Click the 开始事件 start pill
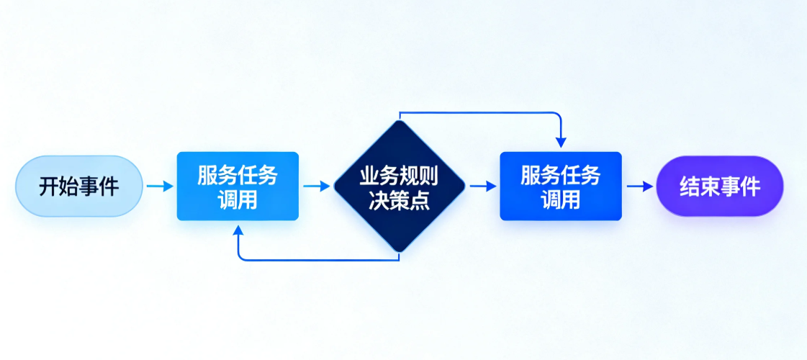click(79, 186)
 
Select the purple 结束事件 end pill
click(719, 186)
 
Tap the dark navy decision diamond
click(399, 186)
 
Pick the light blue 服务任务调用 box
click(238, 186)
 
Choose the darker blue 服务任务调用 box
click(560, 186)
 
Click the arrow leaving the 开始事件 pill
click(160, 186)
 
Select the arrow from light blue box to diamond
click(316, 186)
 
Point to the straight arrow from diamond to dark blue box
click(483, 186)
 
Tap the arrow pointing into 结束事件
click(639, 186)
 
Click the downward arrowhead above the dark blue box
click(561, 143)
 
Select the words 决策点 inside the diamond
click(399, 199)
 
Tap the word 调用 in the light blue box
click(238, 199)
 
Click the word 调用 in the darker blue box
click(560, 199)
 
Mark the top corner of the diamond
click(399, 122)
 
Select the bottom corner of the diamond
click(399, 250)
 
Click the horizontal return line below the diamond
click(317, 259)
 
